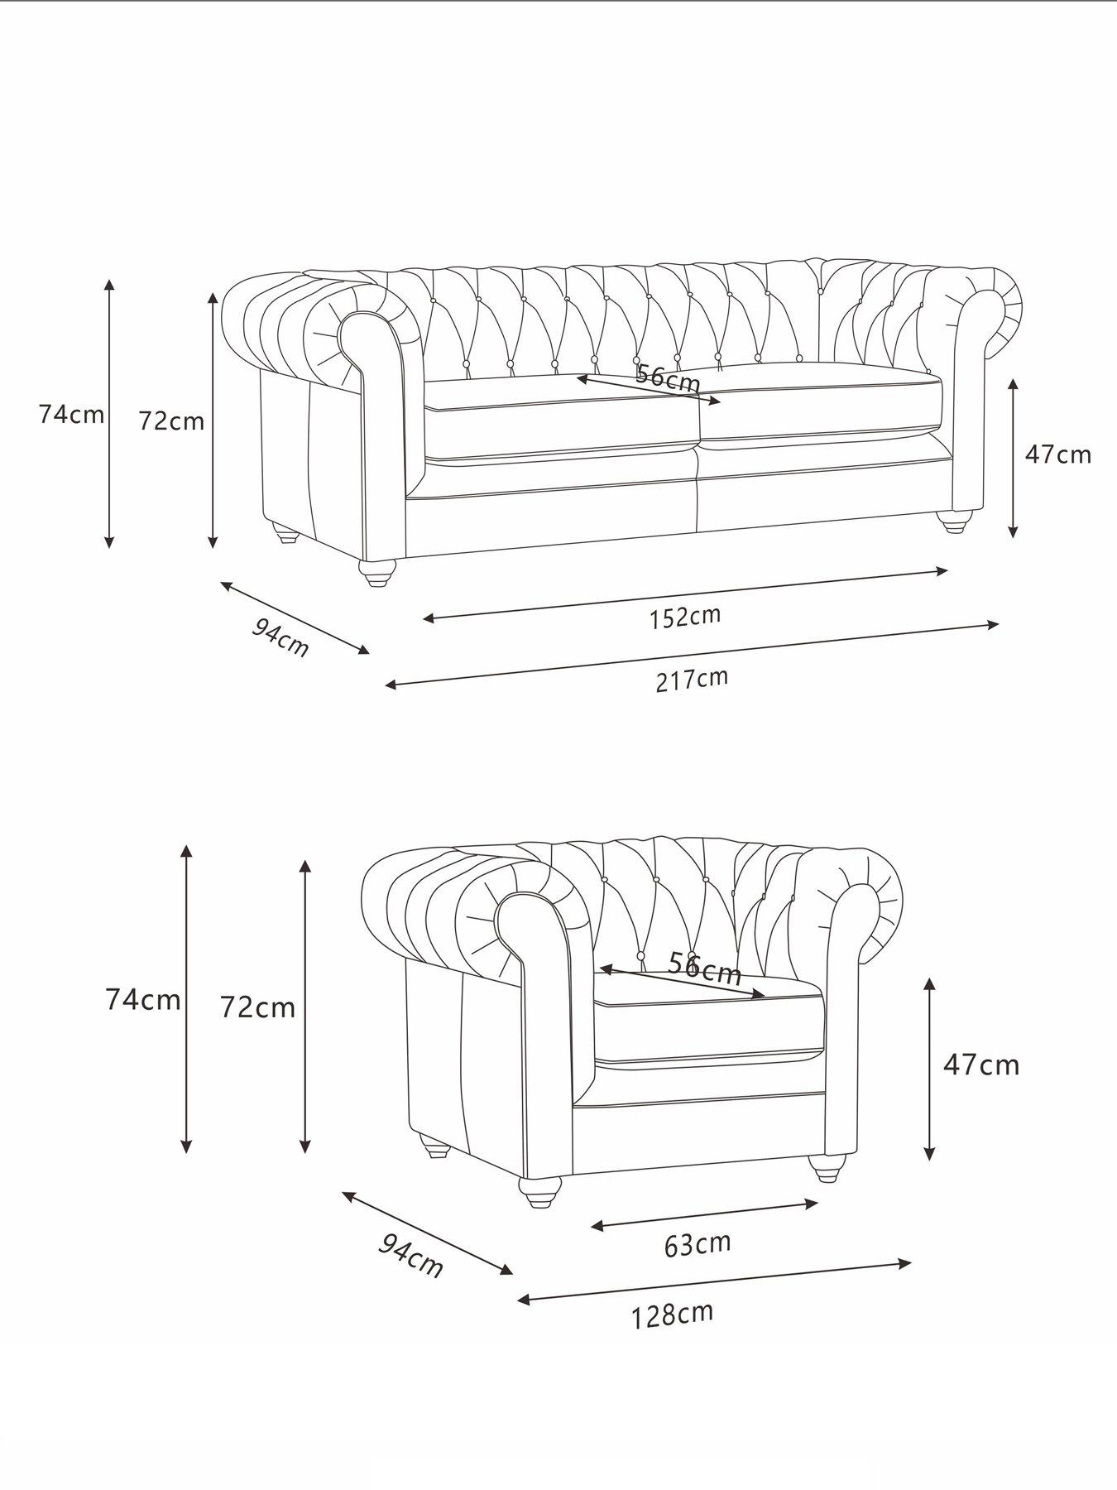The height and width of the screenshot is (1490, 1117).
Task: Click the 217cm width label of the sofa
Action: tap(692, 680)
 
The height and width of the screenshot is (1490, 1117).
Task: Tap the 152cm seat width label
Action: tap(684, 617)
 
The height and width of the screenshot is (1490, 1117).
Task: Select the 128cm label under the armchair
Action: tap(672, 1338)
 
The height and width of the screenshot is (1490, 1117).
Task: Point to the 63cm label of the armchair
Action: tap(698, 1267)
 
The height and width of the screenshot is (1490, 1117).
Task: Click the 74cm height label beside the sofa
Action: tap(71, 414)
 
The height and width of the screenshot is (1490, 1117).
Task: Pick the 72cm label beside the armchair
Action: tap(257, 1007)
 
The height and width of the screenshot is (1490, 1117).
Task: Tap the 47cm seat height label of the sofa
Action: tap(1058, 454)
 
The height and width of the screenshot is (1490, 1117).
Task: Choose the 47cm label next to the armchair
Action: tap(981, 1064)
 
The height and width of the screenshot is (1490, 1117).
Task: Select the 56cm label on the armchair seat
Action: tap(704, 968)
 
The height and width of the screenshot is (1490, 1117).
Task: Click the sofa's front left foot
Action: tap(377, 573)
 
